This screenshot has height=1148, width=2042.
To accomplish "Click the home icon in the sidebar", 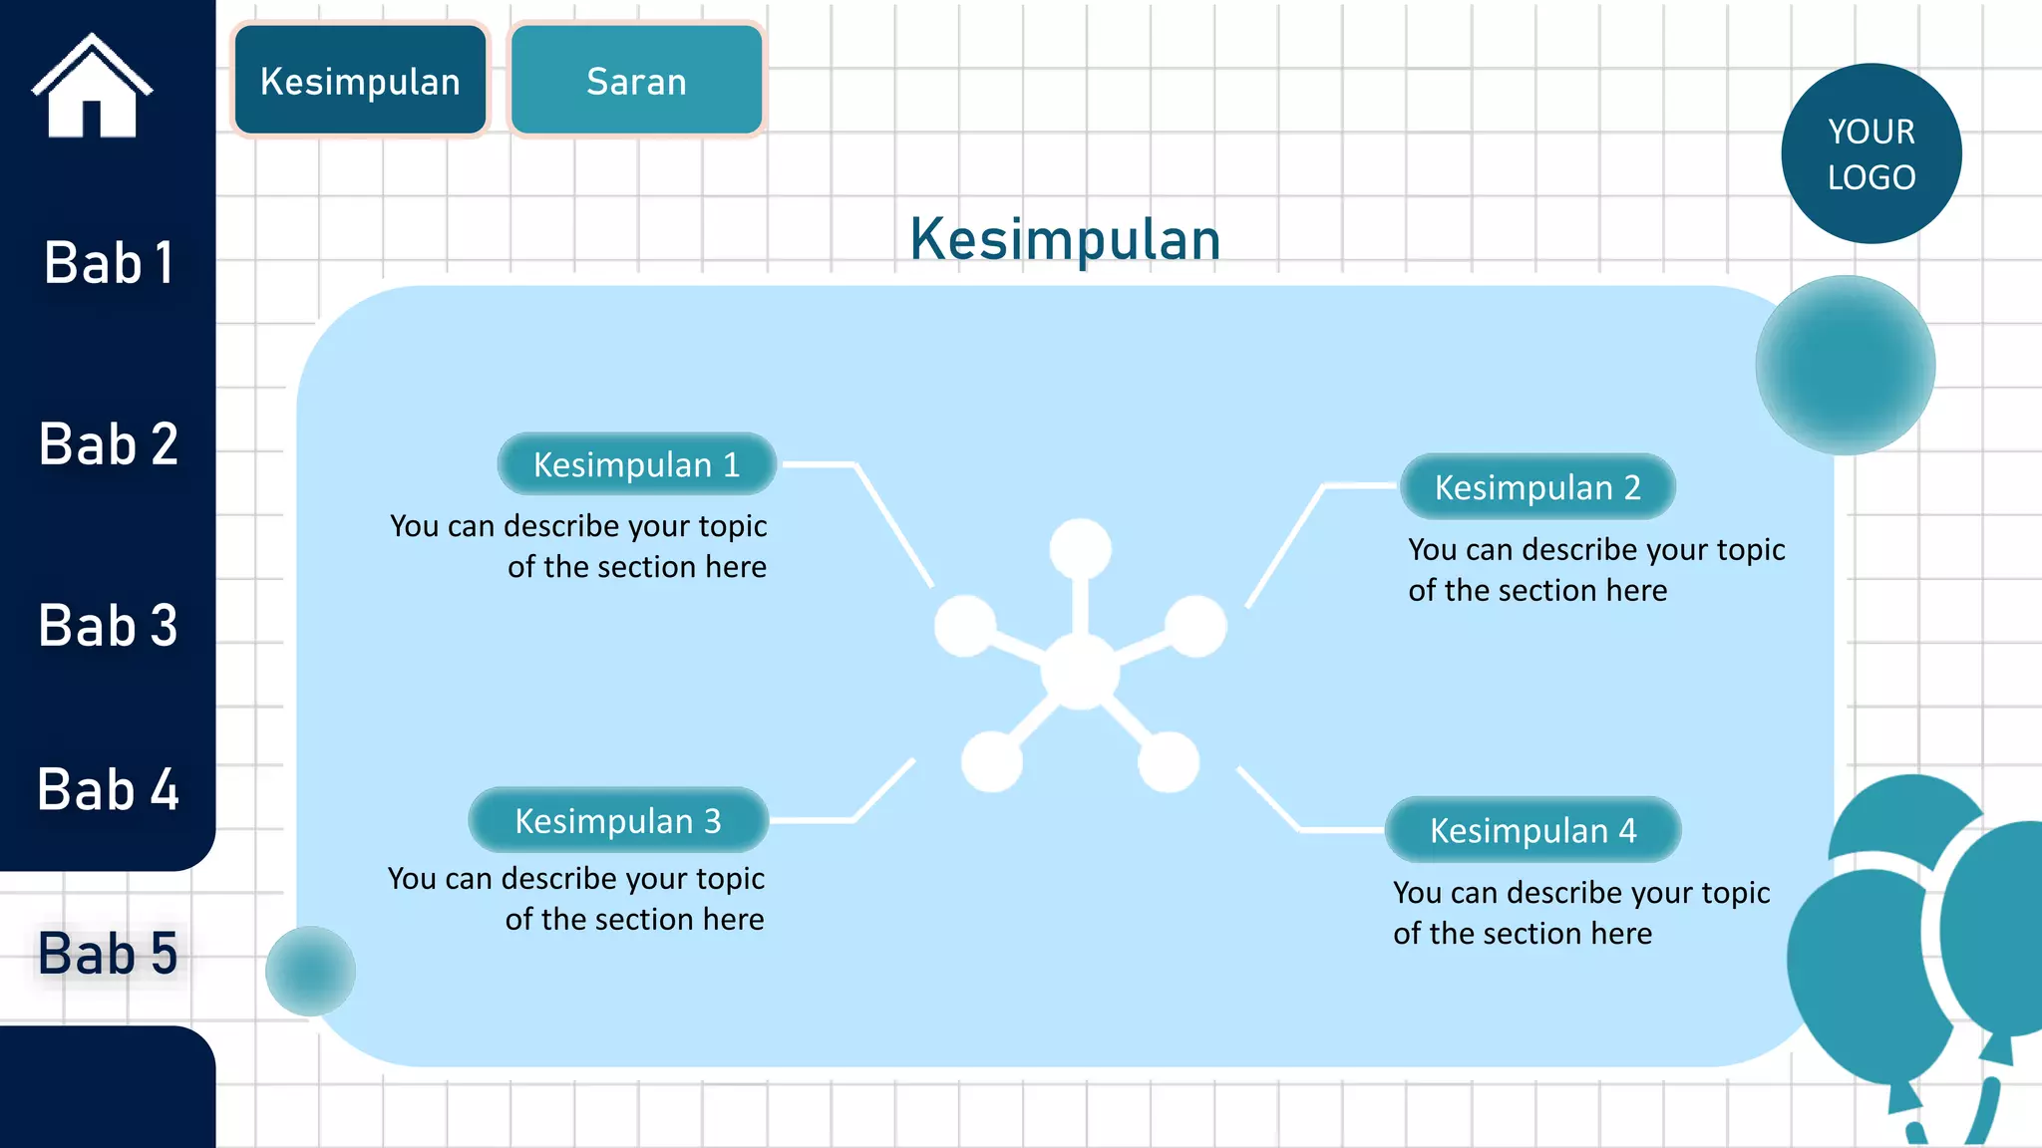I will click(x=92, y=88).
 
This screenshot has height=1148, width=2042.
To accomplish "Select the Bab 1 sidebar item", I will click(x=109, y=264).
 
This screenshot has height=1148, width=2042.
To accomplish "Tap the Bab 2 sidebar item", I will click(x=109, y=444).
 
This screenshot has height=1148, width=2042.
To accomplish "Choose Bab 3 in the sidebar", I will click(x=109, y=626).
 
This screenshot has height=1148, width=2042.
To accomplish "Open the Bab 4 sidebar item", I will click(x=109, y=789).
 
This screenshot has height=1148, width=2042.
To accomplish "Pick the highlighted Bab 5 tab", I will click(x=109, y=954).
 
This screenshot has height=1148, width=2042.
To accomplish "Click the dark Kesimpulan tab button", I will click(x=360, y=81).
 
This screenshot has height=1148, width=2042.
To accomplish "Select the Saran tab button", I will click(x=636, y=81).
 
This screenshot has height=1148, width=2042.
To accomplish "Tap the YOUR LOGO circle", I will click(x=1871, y=153).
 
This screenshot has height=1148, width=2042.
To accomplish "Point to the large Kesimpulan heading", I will click(x=1065, y=240).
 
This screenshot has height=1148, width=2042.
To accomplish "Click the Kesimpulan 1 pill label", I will click(x=636, y=464).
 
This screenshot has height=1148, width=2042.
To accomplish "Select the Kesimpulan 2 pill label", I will click(x=1537, y=487).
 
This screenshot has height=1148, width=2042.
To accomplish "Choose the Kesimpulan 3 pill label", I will click(x=617, y=820).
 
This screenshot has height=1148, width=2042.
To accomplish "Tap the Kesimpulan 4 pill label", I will click(x=1532, y=830).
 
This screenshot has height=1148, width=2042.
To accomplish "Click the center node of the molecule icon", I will click(x=1080, y=672).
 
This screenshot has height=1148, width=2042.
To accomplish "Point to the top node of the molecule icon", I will click(x=1080, y=548).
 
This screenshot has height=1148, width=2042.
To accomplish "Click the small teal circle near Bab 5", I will click(x=310, y=971).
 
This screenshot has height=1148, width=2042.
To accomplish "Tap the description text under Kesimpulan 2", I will click(x=1595, y=569).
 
